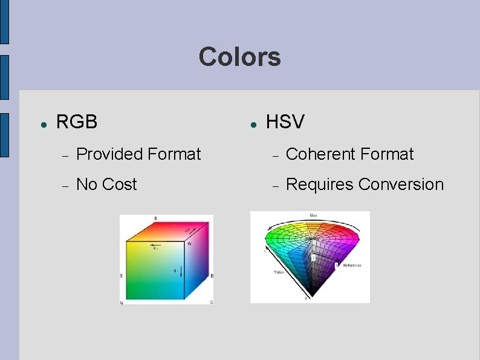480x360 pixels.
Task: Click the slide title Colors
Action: point(239,57)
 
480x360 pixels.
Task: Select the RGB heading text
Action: point(76,122)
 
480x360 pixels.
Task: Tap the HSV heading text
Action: point(285,122)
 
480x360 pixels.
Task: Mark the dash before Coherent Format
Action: point(275,155)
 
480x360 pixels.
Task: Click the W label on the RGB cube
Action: point(189,244)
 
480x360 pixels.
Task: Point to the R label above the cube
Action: point(156,218)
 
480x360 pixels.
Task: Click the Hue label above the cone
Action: point(313,215)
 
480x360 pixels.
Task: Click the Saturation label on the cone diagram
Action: point(351,265)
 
